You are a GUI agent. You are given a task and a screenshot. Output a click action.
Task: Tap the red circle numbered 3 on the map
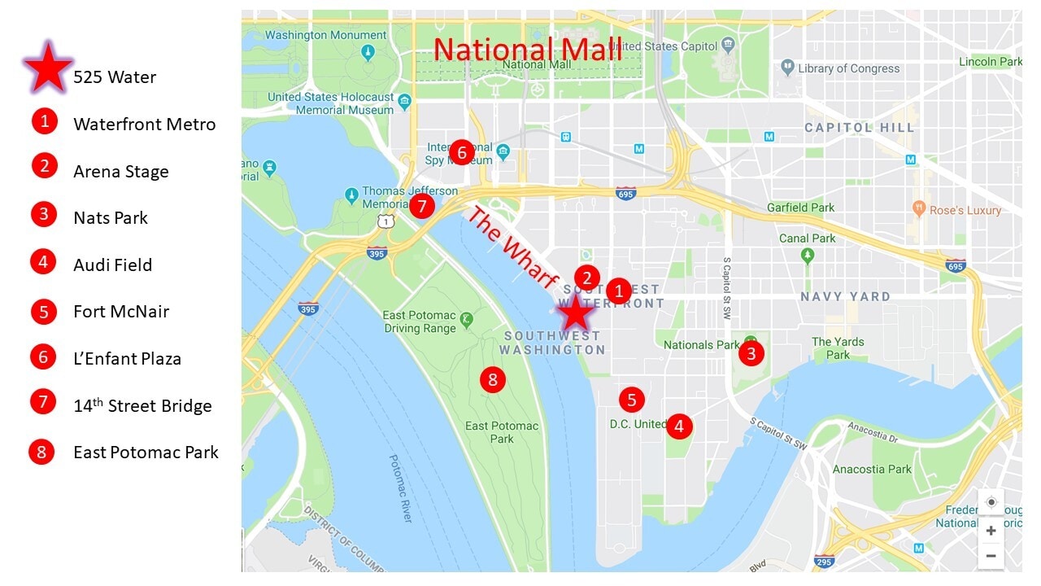tap(751, 353)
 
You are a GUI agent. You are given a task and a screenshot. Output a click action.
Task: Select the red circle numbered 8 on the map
tap(492, 379)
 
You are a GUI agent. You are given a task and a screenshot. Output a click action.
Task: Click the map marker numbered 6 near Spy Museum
tap(461, 151)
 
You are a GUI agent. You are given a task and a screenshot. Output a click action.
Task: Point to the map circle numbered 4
tap(679, 425)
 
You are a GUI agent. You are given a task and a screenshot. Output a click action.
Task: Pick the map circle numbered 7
tap(421, 206)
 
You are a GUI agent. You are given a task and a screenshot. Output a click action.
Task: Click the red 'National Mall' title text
tap(527, 49)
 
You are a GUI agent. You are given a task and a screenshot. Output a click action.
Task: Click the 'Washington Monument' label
tap(325, 35)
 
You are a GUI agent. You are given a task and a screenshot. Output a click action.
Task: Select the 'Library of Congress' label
tap(848, 68)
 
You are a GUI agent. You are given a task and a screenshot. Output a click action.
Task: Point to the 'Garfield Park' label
tap(800, 208)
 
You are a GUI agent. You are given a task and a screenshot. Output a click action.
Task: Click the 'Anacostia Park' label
tap(872, 469)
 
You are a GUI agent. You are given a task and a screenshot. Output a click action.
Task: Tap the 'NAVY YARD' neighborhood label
tap(845, 296)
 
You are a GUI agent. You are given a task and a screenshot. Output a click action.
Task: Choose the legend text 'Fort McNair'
tap(121, 312)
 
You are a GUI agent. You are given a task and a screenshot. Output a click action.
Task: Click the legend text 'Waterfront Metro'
tap(144, 125)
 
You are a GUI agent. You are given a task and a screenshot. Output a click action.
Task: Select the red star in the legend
tap(49, 68)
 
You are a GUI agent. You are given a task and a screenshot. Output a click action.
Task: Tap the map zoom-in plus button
tap(991, 531)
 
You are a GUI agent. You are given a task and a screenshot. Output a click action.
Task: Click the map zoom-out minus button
tap(991, 556)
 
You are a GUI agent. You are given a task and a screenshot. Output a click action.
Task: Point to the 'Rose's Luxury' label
tap(965, 210)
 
